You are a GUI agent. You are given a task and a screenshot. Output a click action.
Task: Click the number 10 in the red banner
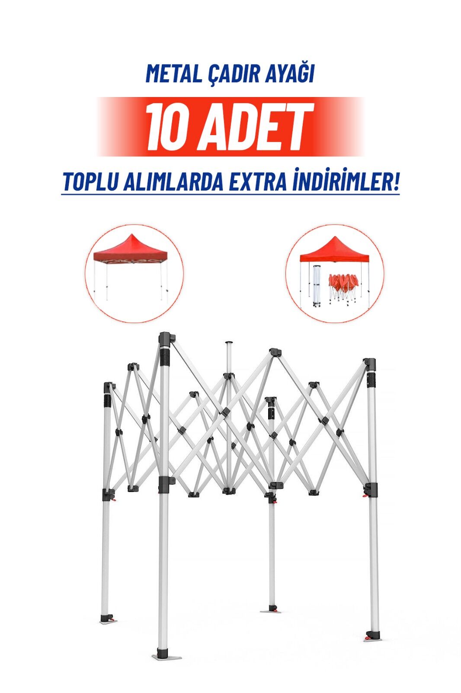[167, 127]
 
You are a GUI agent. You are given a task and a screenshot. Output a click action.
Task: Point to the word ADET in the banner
[255, 127]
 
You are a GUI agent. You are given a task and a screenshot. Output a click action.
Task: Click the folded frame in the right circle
[317, 286]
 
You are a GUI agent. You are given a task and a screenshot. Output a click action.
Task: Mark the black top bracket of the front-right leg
[370, 363]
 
